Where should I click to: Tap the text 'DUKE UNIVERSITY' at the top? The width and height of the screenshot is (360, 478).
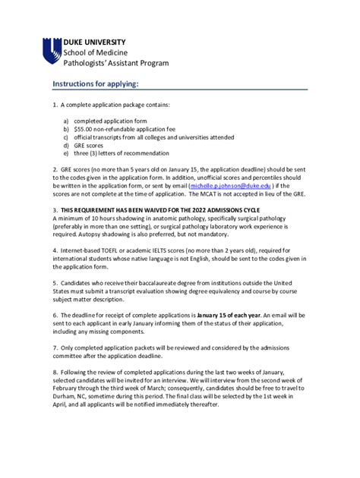pyautogui.click(x=94, y=41)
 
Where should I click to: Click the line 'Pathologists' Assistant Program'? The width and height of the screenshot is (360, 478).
pyautogui.click(x=115, y=63)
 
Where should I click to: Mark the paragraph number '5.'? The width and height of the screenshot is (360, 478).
pyautogui.click(x=55, y=281)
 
